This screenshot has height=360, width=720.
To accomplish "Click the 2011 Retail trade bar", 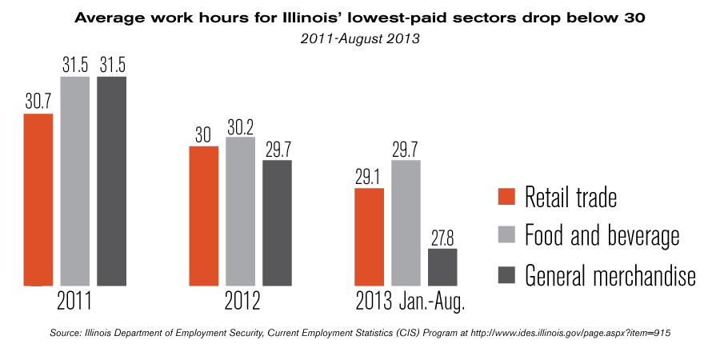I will click(38, 199).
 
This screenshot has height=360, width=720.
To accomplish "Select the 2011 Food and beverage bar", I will click(75, 181).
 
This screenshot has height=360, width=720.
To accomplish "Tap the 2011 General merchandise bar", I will click(112, 181).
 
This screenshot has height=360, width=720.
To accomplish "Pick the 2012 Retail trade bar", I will click(203, 215).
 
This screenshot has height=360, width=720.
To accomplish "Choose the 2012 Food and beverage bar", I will click(240, 211).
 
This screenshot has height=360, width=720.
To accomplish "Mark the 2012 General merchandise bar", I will click(277, 222).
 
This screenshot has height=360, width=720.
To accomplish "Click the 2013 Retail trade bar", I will click(369, 237).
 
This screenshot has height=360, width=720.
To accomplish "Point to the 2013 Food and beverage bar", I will click(406, 222).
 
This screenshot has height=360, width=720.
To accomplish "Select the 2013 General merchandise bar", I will click(442, 266).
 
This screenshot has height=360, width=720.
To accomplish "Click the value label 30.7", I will click(38, 102).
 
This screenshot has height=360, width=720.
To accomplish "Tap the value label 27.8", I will click(442, 238).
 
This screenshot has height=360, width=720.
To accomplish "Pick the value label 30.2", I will click(240, 126).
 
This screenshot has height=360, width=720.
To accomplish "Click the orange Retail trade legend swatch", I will click(506, 197).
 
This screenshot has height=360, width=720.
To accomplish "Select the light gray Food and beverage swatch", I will click(506, 235).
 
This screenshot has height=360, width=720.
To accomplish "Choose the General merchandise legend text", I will click(610, 275).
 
